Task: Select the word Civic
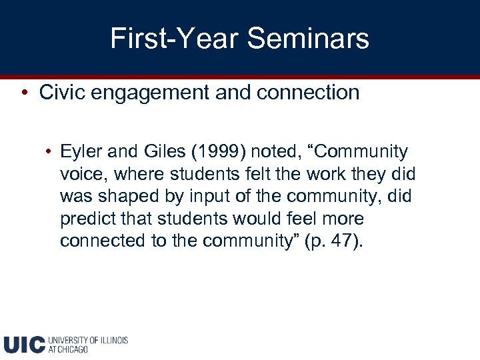(x=61, y=93)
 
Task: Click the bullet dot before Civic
(x=23, y=93)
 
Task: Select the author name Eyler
(x=79, y=152)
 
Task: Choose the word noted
(x=274, y=152)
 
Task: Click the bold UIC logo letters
(x=24, y=344)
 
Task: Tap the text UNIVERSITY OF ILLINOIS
(x=88, y=340)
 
